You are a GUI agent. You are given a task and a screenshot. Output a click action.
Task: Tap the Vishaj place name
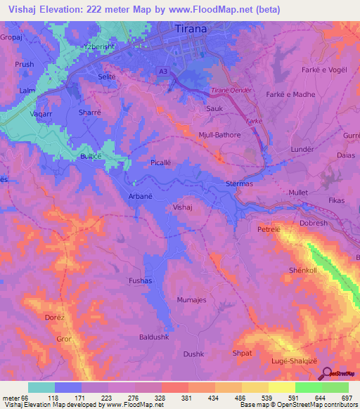click(x=182, y=208)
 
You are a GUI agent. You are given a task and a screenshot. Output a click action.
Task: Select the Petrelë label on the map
click(x=269, y=229)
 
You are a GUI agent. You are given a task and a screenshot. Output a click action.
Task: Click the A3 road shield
click(x=163, y=71)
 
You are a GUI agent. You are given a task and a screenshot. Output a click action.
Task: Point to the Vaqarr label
click(x=42, y=112)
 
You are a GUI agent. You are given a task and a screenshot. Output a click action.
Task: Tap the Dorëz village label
click(x=55, y=318)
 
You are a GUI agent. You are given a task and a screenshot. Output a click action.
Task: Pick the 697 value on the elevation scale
click(x=347, y=397)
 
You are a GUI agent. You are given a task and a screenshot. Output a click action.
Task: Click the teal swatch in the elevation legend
click(x=41, y=387)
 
